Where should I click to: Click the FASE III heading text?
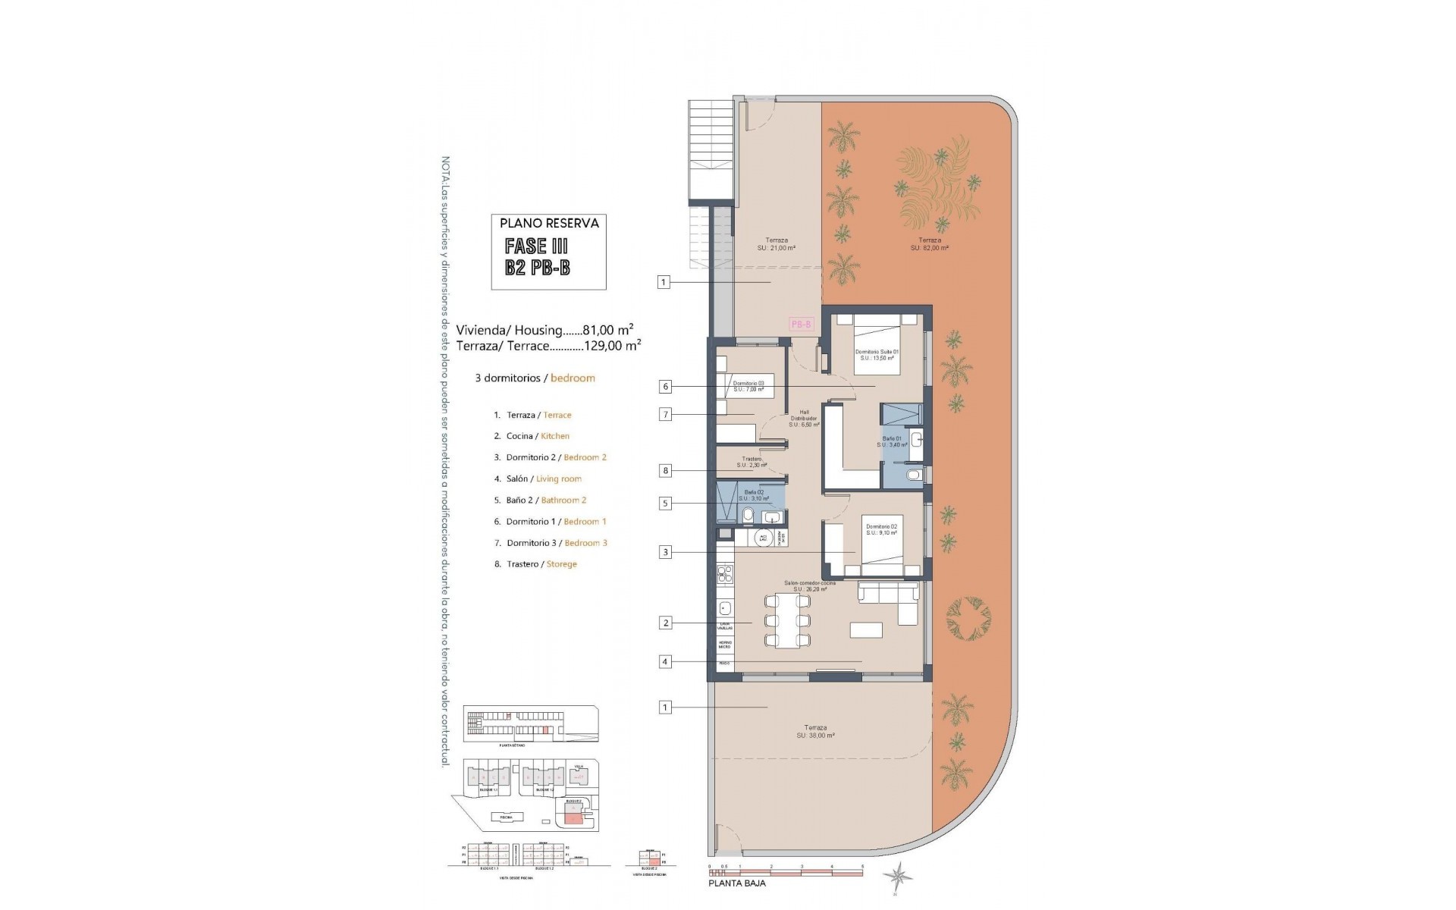click(536, 246)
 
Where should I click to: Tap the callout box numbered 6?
click(665, 387)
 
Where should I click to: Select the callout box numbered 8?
click(665, 471)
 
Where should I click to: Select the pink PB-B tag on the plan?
click(802, 325)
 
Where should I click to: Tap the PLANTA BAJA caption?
click(736, 883)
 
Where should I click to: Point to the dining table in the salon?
click(786, 621)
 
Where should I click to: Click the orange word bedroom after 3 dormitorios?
click(573, 378)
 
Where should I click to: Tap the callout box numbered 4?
click(665, 662)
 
